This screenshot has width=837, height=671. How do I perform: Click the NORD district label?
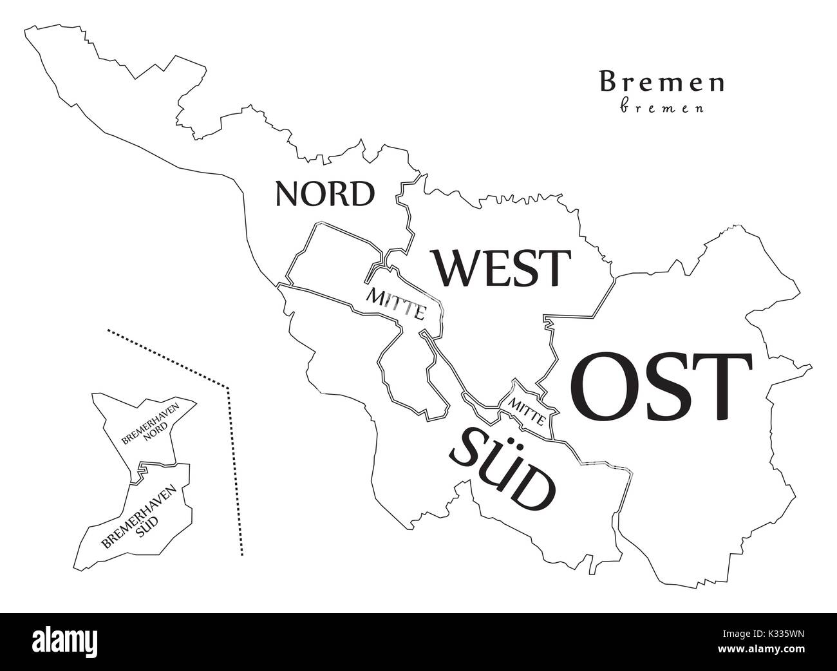pos(324,193)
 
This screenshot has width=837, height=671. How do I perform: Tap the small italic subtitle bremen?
pos(662,108)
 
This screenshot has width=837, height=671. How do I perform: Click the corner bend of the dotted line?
pos(228,388)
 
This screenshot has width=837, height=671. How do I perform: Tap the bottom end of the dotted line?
pos(242,554)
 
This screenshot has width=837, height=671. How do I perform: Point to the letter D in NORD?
pos(361,193)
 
